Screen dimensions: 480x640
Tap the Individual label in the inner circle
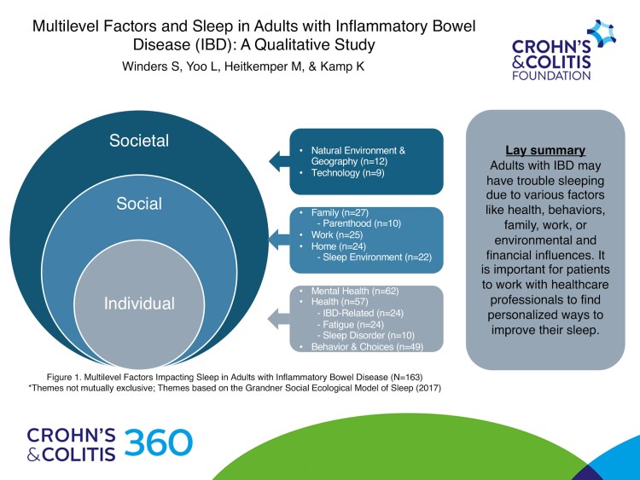(x=139, y=303)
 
